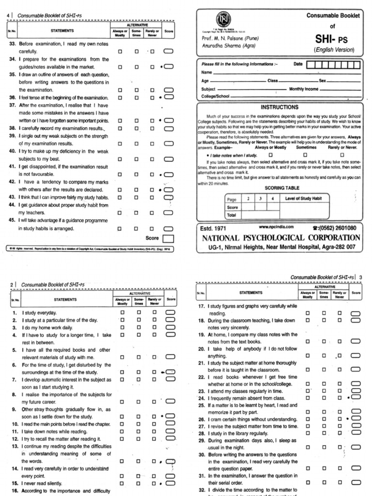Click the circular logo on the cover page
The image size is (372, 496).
[x=220, y=20]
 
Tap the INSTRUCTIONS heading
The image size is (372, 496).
[x=279, y=107]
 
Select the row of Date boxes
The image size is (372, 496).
[x=334, y=64]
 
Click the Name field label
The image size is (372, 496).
[x=207, y=72]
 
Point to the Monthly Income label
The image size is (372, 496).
[x=304, y=89]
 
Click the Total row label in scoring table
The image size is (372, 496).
[x=232, y=215]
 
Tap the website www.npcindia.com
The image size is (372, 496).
[x=277, y=227]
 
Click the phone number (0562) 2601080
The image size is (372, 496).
[x=335, y=228]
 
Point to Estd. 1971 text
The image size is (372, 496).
[x=213, y=228]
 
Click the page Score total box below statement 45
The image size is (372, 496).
[x=168, y=238]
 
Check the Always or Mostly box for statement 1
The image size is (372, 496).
[x=122, y=313]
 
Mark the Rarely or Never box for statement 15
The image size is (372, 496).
[x=155, y=483]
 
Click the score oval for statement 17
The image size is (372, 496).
[x=356, y=313]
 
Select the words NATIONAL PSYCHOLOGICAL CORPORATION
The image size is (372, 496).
[x=280, y=238]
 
